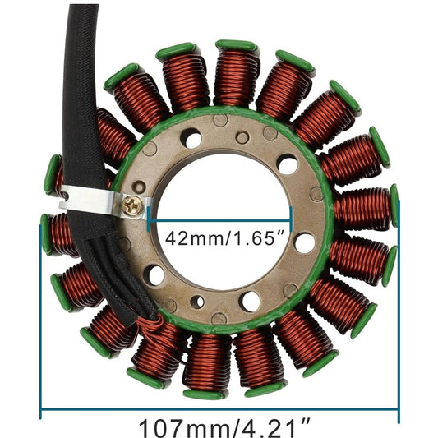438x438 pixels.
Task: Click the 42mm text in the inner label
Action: click(x=188, y=239)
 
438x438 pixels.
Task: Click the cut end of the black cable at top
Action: click(x=84, y=7)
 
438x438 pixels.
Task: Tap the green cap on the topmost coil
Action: click(x=237, y=46)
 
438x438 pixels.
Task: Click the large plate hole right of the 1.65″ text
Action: click(x=304, y=242)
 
